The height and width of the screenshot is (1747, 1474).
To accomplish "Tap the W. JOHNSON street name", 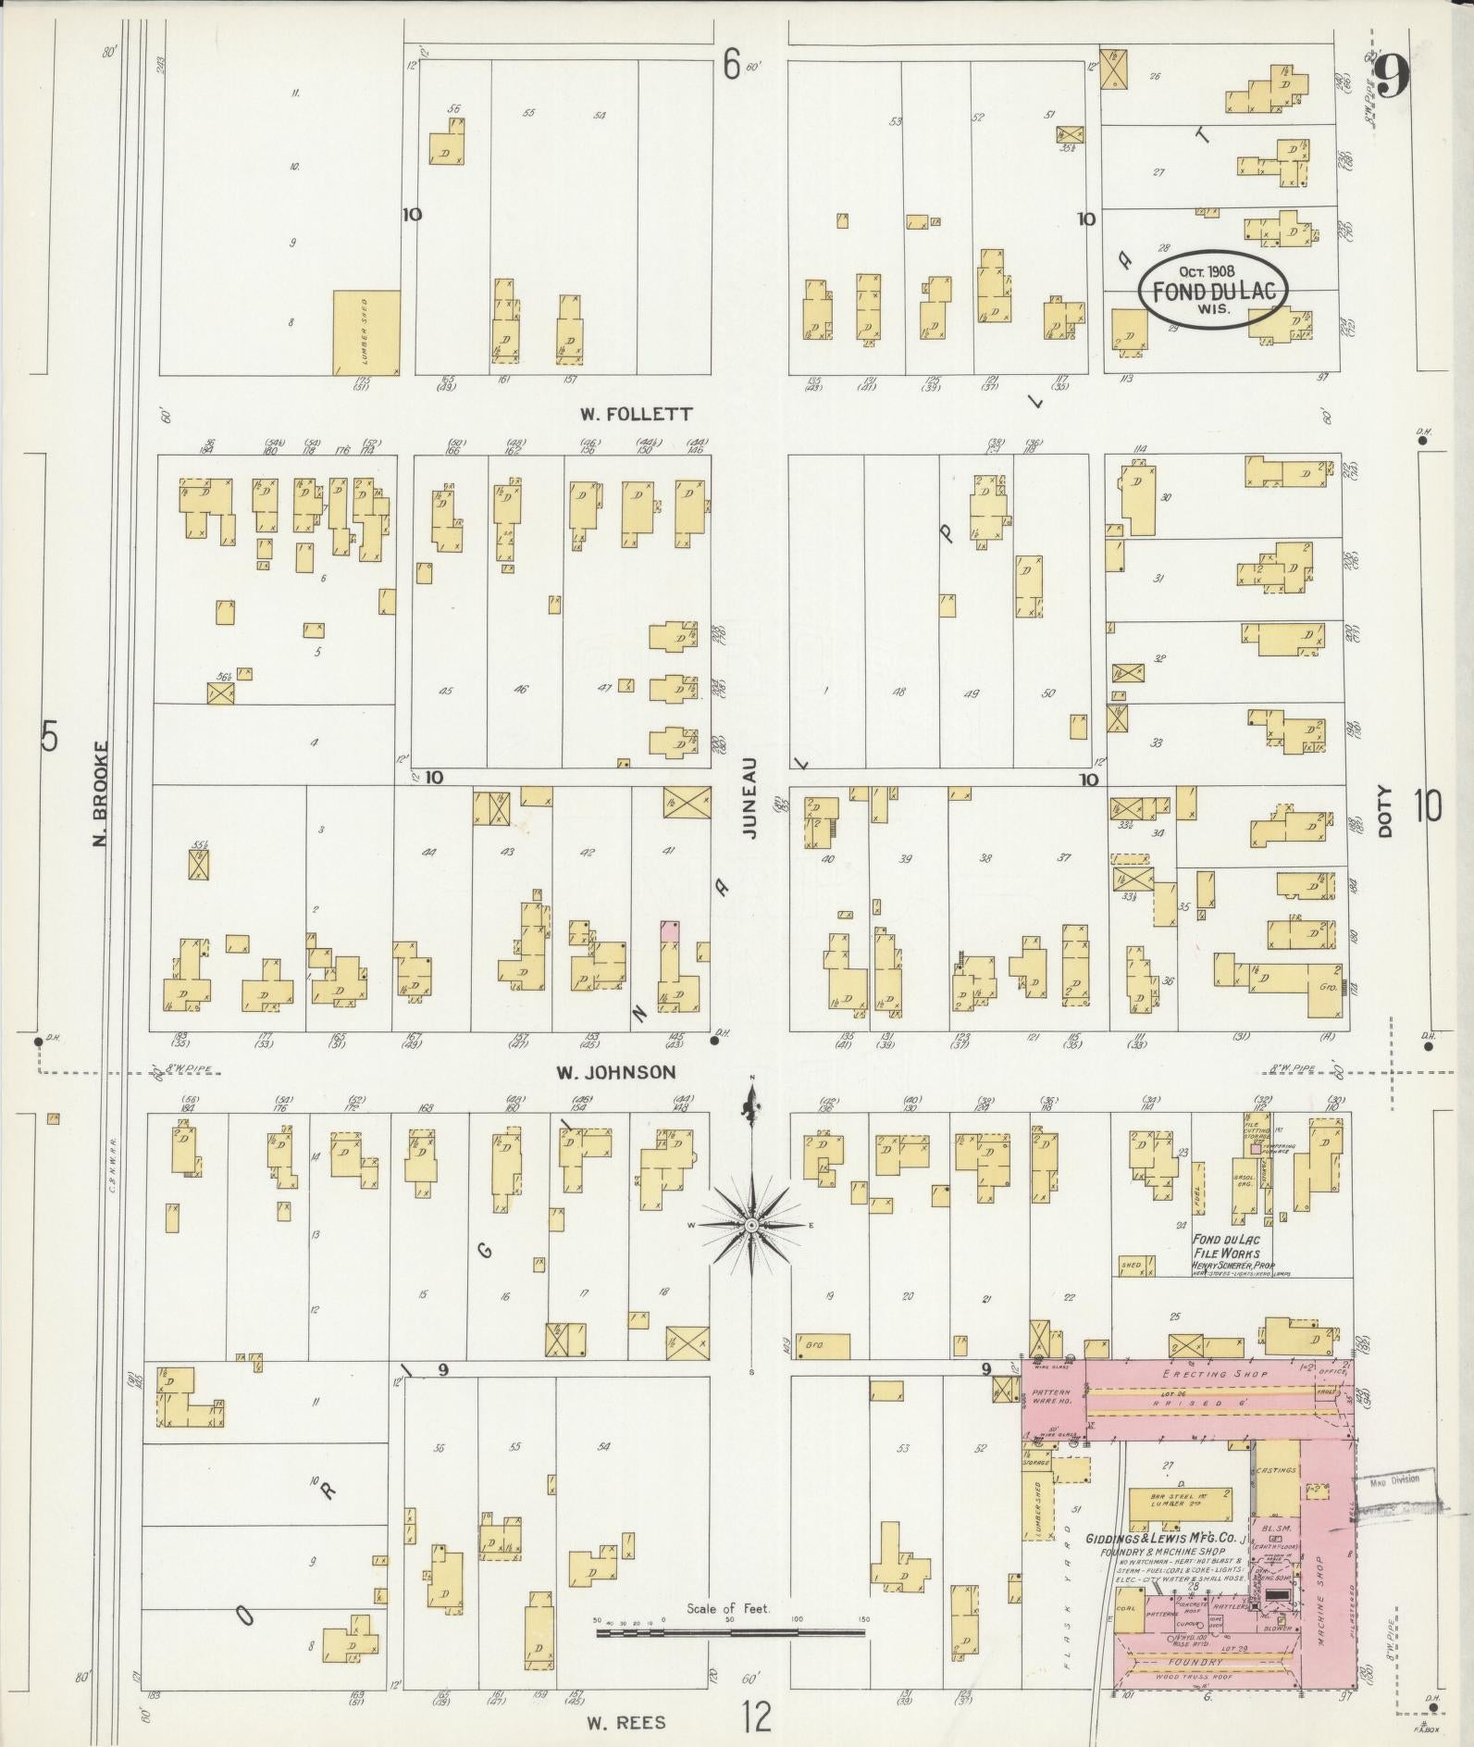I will (615, 1072).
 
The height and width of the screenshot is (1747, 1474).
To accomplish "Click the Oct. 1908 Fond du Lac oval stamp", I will (1213, 290).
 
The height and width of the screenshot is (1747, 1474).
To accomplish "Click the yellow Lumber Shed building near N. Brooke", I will (366, 332).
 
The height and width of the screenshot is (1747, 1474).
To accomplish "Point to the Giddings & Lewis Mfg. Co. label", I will (1175, 1538).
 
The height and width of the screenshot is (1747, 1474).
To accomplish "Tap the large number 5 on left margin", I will (50, 737).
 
